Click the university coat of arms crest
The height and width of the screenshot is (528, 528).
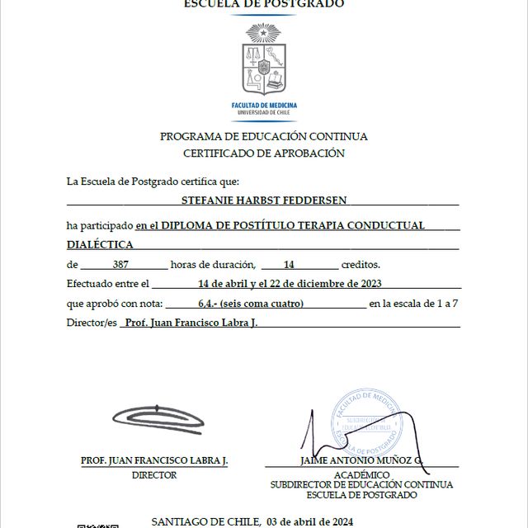click(x=264, y=61)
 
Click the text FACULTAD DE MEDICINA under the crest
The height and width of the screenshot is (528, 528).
click(x=264, y=106)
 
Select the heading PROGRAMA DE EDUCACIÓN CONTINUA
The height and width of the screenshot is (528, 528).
click(x=264, y=136)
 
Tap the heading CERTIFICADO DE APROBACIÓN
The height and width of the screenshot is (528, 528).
click(x=264, y=153)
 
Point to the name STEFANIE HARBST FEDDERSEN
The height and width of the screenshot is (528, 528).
click(x=264, y=199)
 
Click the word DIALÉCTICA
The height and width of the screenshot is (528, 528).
click(x=100, y=245)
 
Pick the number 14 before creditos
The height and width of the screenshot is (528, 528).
click(x=289, y=265)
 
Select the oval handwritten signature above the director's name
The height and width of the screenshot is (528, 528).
click(x=158, y=419)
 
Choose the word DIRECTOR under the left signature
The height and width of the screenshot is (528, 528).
click(x=154, y=475)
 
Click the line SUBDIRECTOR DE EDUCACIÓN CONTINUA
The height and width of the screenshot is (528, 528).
click(x=361, y=485)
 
